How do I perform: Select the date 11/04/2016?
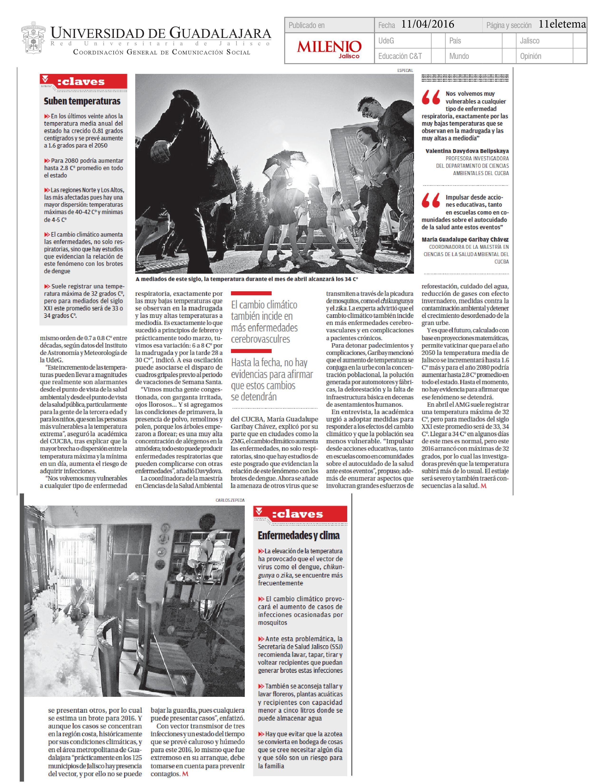click(x=428, y=24)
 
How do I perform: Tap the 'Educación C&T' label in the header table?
click(x=400, y=56)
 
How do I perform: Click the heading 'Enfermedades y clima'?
click(x=298, y=535)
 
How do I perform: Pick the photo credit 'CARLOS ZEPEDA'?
click(x=230, y=500)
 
